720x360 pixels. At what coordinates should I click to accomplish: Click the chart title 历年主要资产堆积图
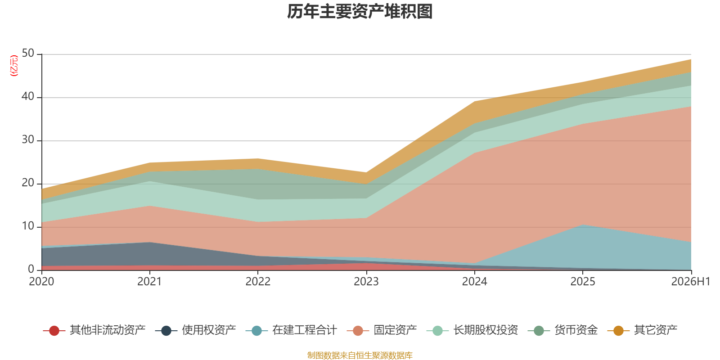pyautogui.click(x=360, y=12)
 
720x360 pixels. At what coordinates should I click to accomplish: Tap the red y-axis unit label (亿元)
pyautogui.click(x=14, y=66)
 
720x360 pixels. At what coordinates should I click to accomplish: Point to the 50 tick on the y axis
pyautogui.click(x=28, y=54)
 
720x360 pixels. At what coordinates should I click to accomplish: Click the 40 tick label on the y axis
pyautogui.click(x=28, y=96)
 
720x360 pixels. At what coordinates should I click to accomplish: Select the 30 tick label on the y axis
pyautogui.click(x=28, y=140)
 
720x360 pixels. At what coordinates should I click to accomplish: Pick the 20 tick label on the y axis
pyautogui.click(x=28, y=183)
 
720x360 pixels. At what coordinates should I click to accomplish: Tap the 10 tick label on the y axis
pyautogui.click(x=28, y=226)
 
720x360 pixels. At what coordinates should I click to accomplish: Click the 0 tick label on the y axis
pyautogui.click(x=31, y=270)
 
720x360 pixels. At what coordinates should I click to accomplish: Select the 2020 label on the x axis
pyautogui.click(x=41, y=282)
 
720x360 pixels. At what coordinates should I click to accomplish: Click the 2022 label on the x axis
pyautogui.click(x=258, y=282)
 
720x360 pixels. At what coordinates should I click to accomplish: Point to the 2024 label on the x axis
pyautogui.click(x=474, y=282)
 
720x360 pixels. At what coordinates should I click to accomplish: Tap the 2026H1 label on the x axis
pyautogui.click(x=691, y=282)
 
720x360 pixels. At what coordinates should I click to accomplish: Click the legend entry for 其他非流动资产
pyautogui.click(x=94, y=330)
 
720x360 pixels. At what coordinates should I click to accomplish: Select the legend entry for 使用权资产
pyautogui.click(x=195, y=330)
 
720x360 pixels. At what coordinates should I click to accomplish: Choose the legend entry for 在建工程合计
pyautogui.click(x=291, y=330)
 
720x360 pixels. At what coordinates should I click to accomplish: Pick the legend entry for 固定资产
pyautogui.click(x=382, y=330)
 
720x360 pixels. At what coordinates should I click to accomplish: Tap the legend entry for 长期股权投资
pyautogui.click(x=472, y=330)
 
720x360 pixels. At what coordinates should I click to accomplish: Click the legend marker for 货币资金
pyautogui.click(x=539, y=330)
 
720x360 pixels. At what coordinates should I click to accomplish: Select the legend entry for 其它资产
pyautogui.click(x=642, y=330)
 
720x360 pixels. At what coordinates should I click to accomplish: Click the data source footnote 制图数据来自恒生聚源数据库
pyautogui.click(x=360, y=355)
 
